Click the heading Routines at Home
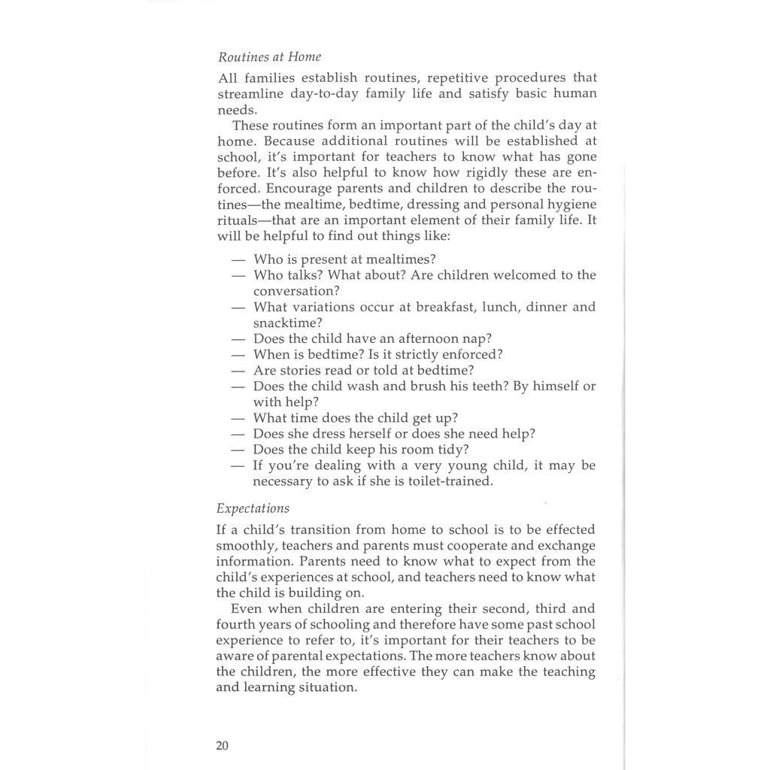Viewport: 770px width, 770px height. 269,57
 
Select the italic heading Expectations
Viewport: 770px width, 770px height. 252,508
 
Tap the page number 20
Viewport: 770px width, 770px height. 222,746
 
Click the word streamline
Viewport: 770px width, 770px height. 246,94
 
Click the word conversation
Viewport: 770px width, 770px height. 294,291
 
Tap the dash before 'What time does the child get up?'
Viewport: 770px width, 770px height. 238,418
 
